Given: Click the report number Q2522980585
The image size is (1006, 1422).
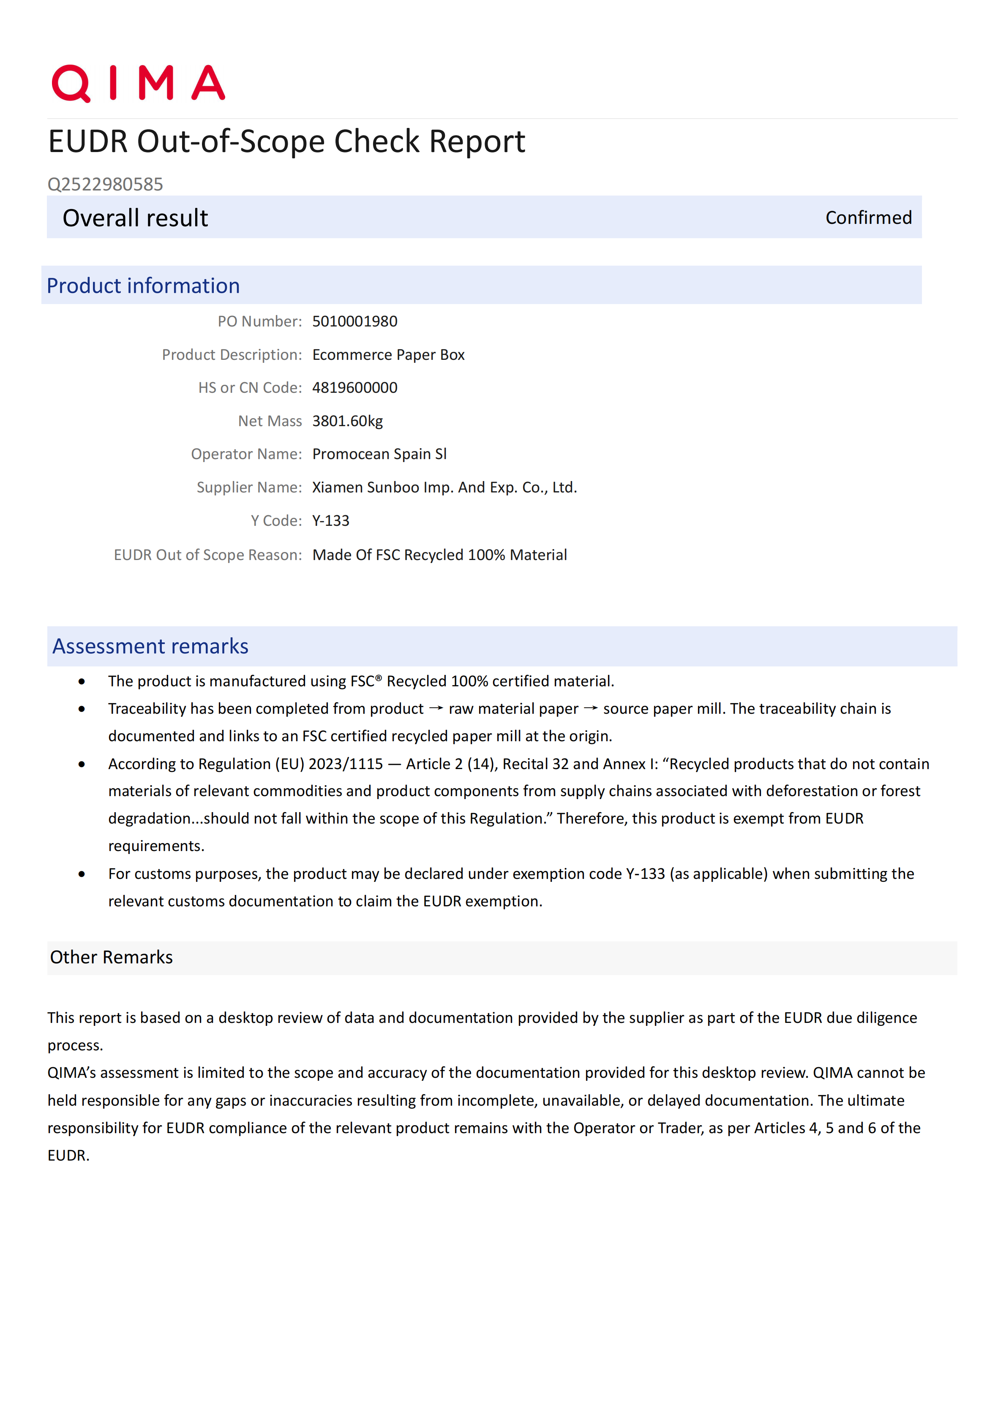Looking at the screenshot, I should pos(105,184).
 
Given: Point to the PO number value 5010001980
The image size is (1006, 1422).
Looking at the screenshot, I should pos(354,321).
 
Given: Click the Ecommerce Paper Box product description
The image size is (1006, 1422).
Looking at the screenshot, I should pos(388,355).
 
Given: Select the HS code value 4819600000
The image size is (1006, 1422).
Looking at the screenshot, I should pos(354,388).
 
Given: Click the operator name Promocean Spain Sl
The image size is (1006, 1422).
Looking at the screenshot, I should pos(379,454).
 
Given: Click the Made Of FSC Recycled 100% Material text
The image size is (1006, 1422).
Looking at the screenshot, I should pos(439,555).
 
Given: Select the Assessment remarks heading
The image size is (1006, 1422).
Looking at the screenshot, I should pos(150,646).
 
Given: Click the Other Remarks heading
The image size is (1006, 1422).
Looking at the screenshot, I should pos(112,957).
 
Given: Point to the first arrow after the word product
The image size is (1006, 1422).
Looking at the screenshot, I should pos(436,709).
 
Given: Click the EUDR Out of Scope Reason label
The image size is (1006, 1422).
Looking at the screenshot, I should pos(207,555).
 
